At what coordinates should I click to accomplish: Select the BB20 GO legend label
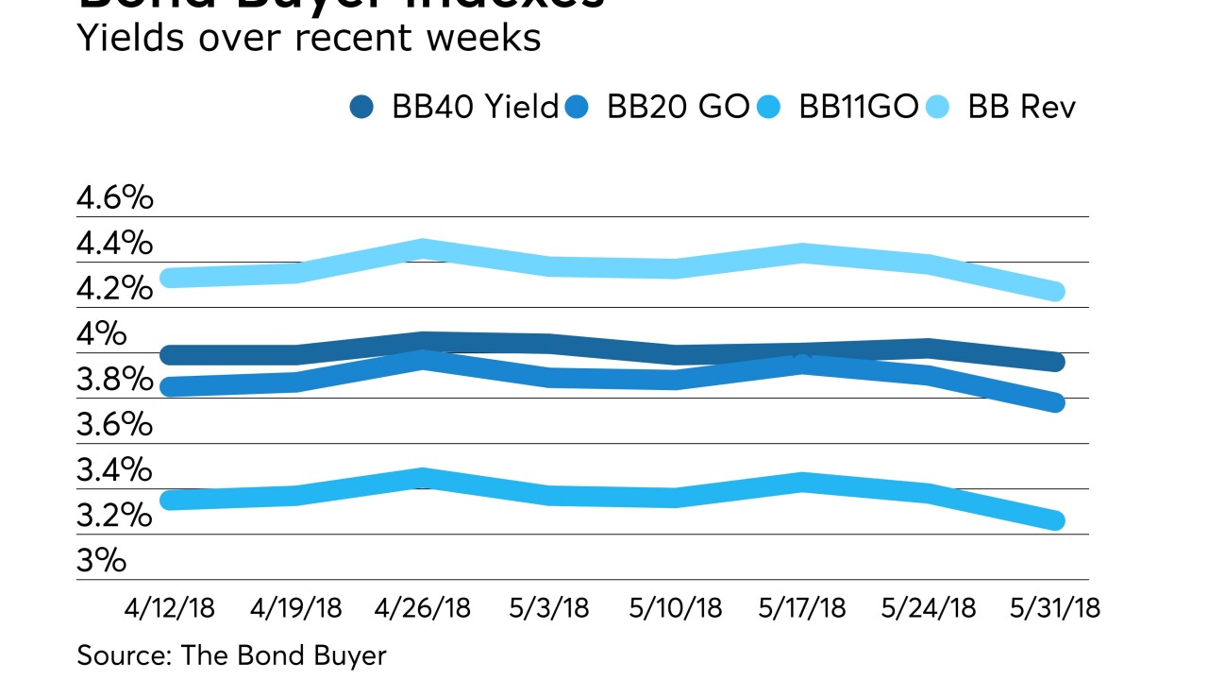point(678,108)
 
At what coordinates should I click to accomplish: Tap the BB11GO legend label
point(858,108)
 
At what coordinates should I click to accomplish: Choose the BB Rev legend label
point(1022,108)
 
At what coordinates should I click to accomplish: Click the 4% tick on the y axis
point(101,334)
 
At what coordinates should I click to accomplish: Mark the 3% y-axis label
point(102,561)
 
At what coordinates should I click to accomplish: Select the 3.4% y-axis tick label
point(115,470)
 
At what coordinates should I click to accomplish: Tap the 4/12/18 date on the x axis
point(171,607)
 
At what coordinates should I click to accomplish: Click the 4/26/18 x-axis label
point(424,607)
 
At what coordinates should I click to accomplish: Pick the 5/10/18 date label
point(676,607)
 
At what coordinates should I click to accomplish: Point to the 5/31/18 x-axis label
point(1054,607)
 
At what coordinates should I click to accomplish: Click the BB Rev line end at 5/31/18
point(1054,292)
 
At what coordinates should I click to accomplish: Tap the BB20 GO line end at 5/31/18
point(1054,403)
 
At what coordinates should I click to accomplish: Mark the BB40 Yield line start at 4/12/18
point(171,356)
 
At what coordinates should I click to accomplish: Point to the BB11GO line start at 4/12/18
point(171,501)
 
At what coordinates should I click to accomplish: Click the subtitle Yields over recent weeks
point(309,38)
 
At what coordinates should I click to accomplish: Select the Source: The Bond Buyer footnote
point(231,655)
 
